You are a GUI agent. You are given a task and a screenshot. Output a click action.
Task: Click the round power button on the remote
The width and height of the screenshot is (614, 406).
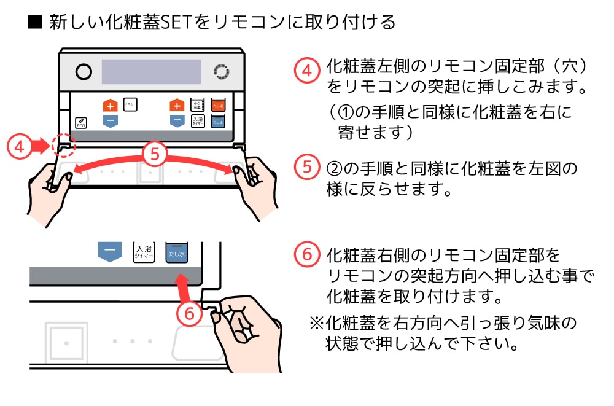click(x=84, y=72)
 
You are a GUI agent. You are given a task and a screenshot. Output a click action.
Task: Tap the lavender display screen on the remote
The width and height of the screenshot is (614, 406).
click(x=151, y=72)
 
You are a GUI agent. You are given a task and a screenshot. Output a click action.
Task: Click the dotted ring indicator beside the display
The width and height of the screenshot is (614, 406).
click(x=220, y=72)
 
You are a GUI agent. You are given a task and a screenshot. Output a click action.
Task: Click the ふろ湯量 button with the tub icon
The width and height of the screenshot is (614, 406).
click(x=197, y=104)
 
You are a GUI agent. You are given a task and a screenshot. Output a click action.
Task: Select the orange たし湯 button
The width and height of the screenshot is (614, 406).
click(x=217, y=105)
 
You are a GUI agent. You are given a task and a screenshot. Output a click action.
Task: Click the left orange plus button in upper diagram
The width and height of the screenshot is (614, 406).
click(x=109, y=105)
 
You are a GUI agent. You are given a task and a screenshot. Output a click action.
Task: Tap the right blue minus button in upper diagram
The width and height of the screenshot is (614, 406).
click(x=177, y=120)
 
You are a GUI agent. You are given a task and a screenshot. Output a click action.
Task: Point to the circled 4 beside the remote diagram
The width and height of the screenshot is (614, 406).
click(x=19, y=147)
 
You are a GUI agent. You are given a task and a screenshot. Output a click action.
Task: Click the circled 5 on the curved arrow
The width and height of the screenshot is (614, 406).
click(x=155, y=154)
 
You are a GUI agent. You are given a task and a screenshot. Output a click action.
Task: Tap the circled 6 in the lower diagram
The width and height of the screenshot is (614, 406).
click(x=189, y=313)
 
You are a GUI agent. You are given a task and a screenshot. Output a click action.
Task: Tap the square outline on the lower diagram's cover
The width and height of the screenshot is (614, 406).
click(x=66, y=340)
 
